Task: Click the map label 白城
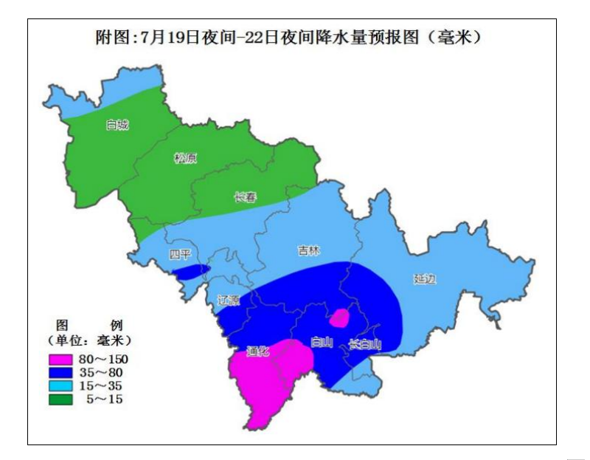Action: [117, 125]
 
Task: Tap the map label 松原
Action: [185, 157]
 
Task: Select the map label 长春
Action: [245, 197]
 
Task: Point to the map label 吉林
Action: [309, 251]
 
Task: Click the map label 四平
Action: [179, 255]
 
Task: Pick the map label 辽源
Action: [229, 300]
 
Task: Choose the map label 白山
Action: [322, 342]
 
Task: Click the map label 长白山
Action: [364, 344]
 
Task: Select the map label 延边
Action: [425, 279]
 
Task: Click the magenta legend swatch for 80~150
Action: [60, 360]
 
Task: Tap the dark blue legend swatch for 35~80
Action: [60, 373]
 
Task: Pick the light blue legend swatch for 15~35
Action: [60, 386]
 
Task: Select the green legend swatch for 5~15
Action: [60, 399]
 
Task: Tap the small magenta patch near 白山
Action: [339, 318]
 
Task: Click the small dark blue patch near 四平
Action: [190, 272]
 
